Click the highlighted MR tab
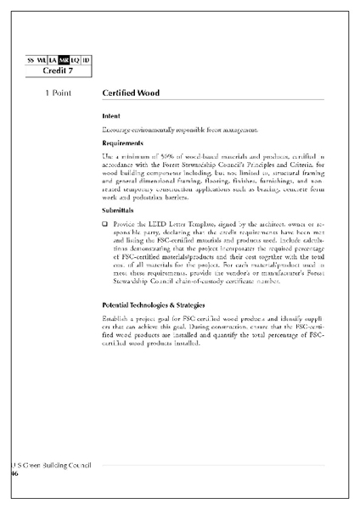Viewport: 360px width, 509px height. coord(64,60)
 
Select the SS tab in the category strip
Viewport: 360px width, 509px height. coord(31,60)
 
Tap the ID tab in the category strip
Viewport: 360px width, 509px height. coord(86,60)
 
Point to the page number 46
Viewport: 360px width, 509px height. coord(14,473)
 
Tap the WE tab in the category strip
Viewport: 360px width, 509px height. coord(42,60)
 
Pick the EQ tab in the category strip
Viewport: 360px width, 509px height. coord(75,60)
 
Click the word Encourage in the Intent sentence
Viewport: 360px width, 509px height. coord(116,129)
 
